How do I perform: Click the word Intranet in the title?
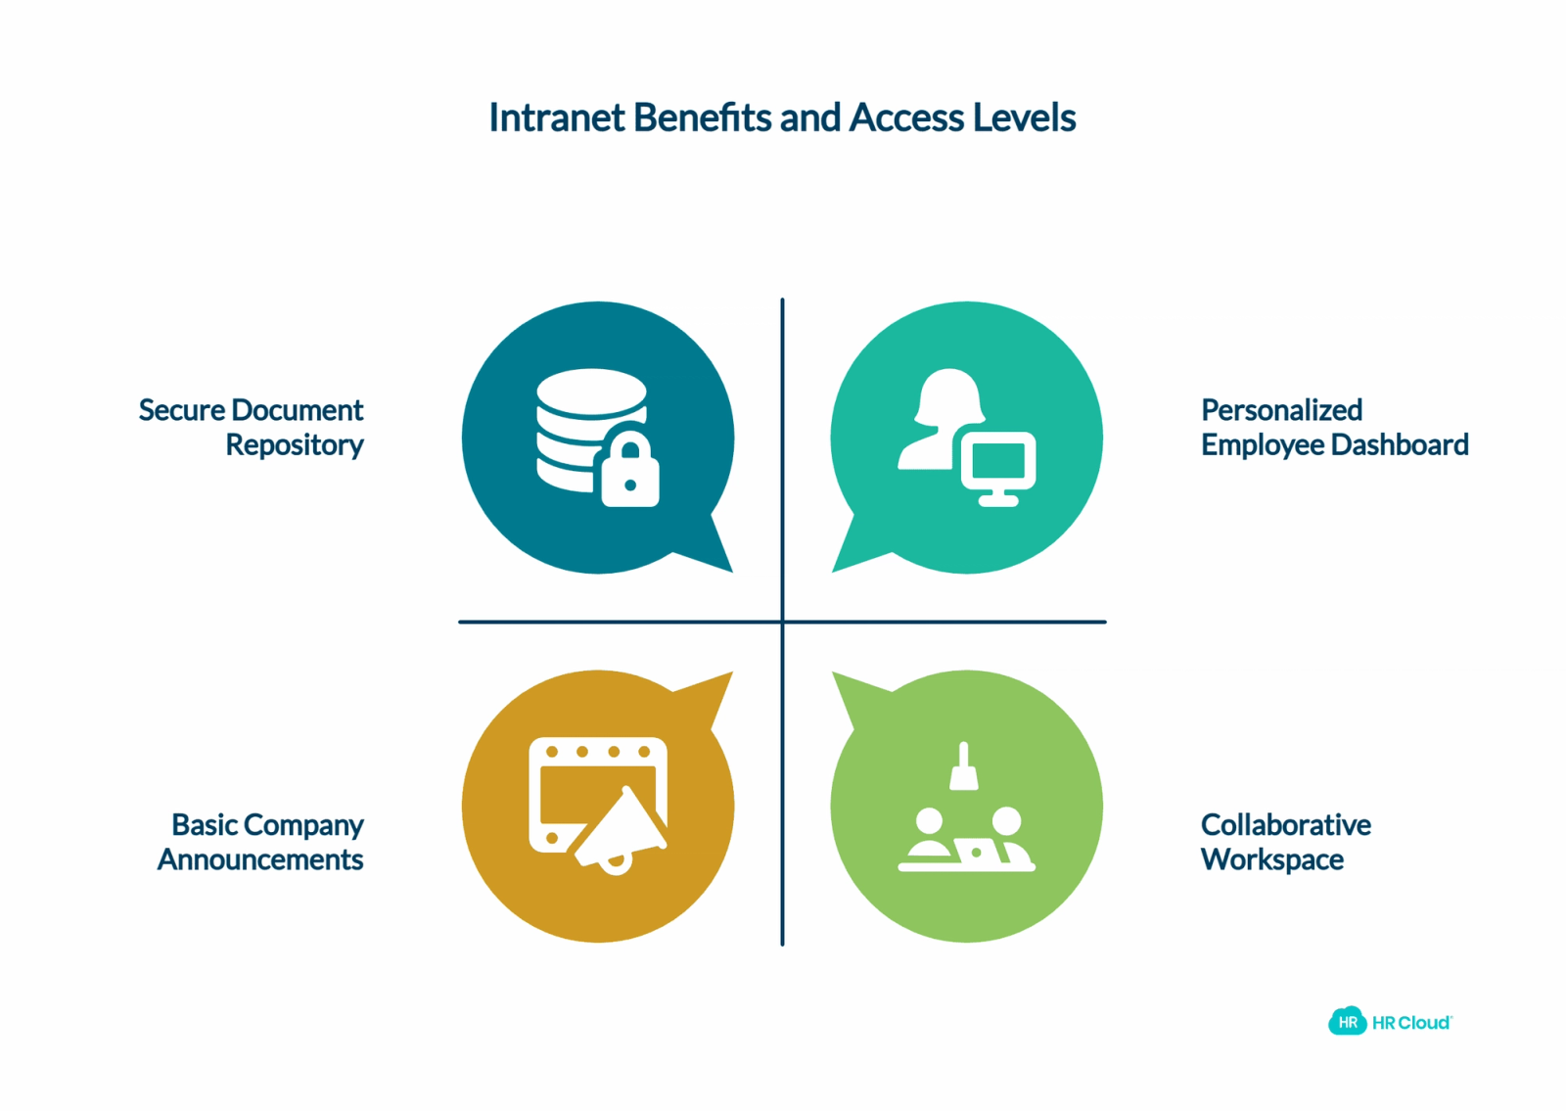[557, 117]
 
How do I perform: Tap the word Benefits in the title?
[703, 117]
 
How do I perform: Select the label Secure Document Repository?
[251, 427]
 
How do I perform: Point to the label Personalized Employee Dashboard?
[1335, 427]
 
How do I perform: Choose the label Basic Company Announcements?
[260, 842]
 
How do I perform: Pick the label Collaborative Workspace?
[1286, 842]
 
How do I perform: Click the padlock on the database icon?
[630, 468]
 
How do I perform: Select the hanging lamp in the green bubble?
[963, 766]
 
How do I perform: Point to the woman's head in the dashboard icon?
[948, 396]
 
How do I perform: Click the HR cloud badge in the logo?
[1347, 1022]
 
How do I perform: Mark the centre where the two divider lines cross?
[782, 622]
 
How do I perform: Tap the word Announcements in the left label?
[260, 859]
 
